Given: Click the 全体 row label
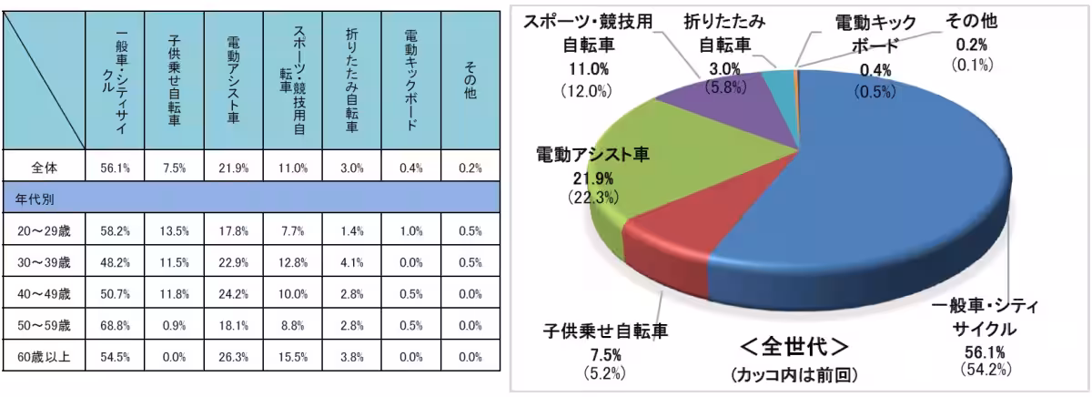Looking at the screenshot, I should click(x=44, y=168).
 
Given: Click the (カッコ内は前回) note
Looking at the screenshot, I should click(x=794, y=374).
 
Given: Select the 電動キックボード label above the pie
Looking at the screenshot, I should click(x=868, y=34).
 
